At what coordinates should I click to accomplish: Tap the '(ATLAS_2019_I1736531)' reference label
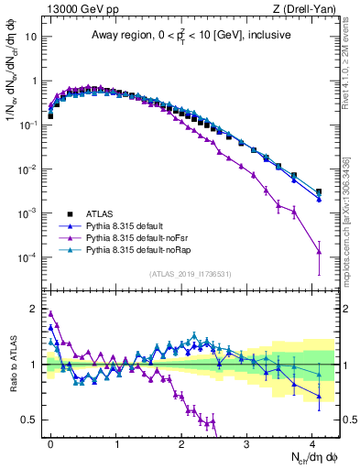(x=191, y=273)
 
